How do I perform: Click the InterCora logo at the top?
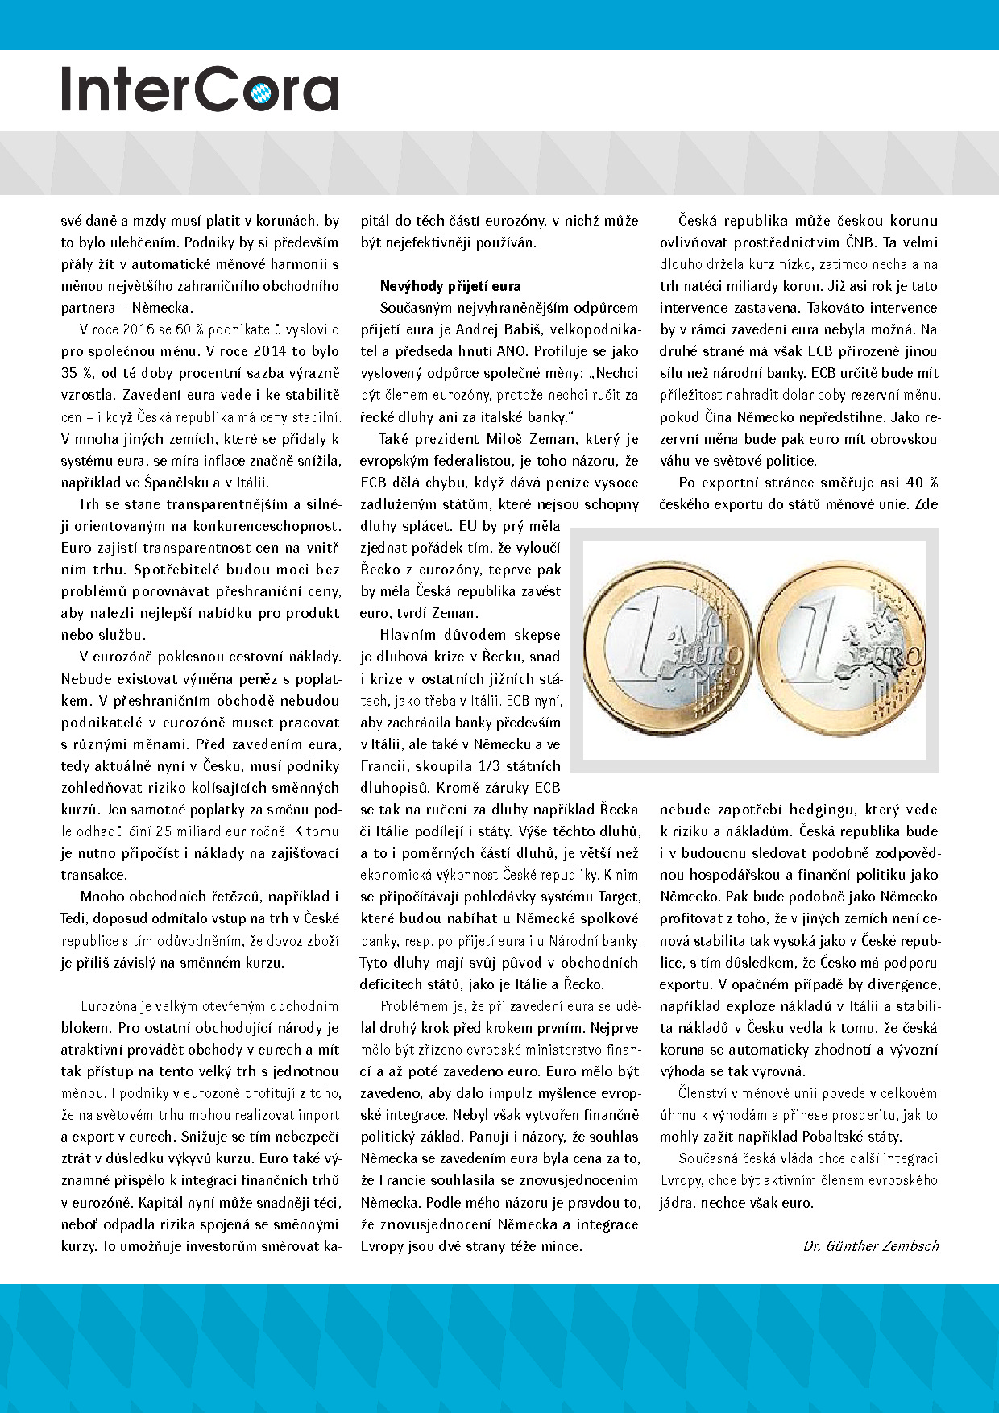pyautogui.click(x=200, y=89)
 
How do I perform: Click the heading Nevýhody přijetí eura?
pyautogui.click(x=450, y=286)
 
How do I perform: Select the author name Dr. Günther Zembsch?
pyautogui.click(x=871, y=1245)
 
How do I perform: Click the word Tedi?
pyautogui.click(x=76, y=918)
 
